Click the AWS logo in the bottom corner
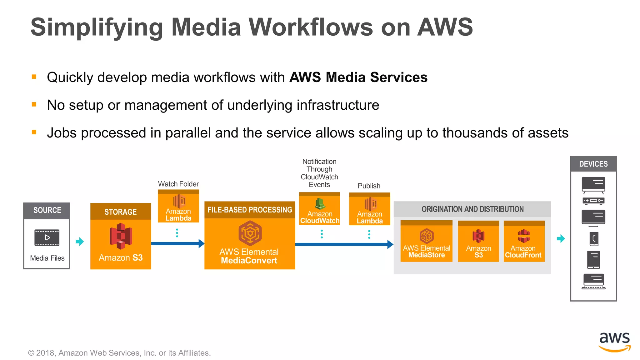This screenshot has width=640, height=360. (614, 342)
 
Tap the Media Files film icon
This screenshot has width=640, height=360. (47, 238)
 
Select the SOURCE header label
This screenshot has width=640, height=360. (47, 210)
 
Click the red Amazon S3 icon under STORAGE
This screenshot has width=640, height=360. (121, 236)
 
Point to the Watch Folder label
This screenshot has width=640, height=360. (178, 184)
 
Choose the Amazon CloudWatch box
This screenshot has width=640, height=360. (319, 209)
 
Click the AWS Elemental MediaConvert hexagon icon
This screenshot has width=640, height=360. (250, 233)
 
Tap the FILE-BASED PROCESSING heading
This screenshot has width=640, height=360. (250, 210)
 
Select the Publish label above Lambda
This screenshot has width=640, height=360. (369, 186)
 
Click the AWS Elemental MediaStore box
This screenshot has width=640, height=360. (426, 241)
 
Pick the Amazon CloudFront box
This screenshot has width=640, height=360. (524, 241)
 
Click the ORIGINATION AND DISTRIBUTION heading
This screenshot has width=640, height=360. (472, 209)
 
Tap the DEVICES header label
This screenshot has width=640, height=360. (593, 164)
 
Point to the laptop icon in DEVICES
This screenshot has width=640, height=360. (593, 281)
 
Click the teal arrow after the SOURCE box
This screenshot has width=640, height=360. (80, 241)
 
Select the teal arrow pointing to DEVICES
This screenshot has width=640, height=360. (561, 239)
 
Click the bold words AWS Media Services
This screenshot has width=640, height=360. (358, 77)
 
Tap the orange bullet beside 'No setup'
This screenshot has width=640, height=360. (34, 104)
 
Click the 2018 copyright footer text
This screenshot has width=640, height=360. (119, 353)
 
